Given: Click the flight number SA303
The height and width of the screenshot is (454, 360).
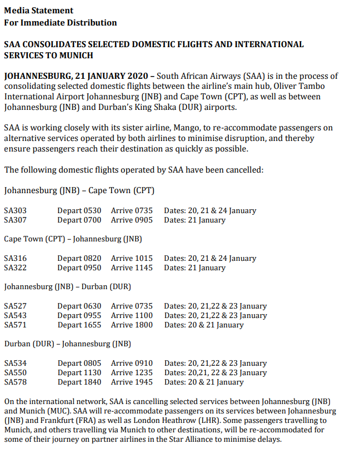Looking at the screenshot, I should [x=15, y=210].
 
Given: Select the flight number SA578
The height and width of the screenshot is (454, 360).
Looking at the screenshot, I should [x=15, y=382].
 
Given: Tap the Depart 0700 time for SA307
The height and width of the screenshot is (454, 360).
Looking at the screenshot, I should [x=79, y=220].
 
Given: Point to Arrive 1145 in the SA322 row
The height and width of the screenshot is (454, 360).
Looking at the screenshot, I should [x=132, y=268].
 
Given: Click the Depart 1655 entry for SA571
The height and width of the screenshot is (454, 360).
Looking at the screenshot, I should [x=79, y=325].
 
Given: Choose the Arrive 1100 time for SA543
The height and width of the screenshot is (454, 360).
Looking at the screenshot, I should [x=132, y=315].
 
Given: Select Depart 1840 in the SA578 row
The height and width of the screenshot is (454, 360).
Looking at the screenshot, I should [x=79, y=382].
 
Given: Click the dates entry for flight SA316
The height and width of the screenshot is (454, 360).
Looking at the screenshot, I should [x=210, y=258].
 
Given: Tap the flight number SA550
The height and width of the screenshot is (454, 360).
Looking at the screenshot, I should [x=15, y=372].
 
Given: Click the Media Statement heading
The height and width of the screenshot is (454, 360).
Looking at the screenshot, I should [x=38, y=11].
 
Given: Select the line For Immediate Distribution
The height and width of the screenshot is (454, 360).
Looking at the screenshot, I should [x=60, y=23].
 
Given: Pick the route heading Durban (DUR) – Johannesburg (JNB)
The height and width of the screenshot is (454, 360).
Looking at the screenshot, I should [x=67, y=344].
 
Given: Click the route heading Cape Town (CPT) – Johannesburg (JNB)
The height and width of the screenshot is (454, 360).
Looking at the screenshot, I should [x=73, y=239].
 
